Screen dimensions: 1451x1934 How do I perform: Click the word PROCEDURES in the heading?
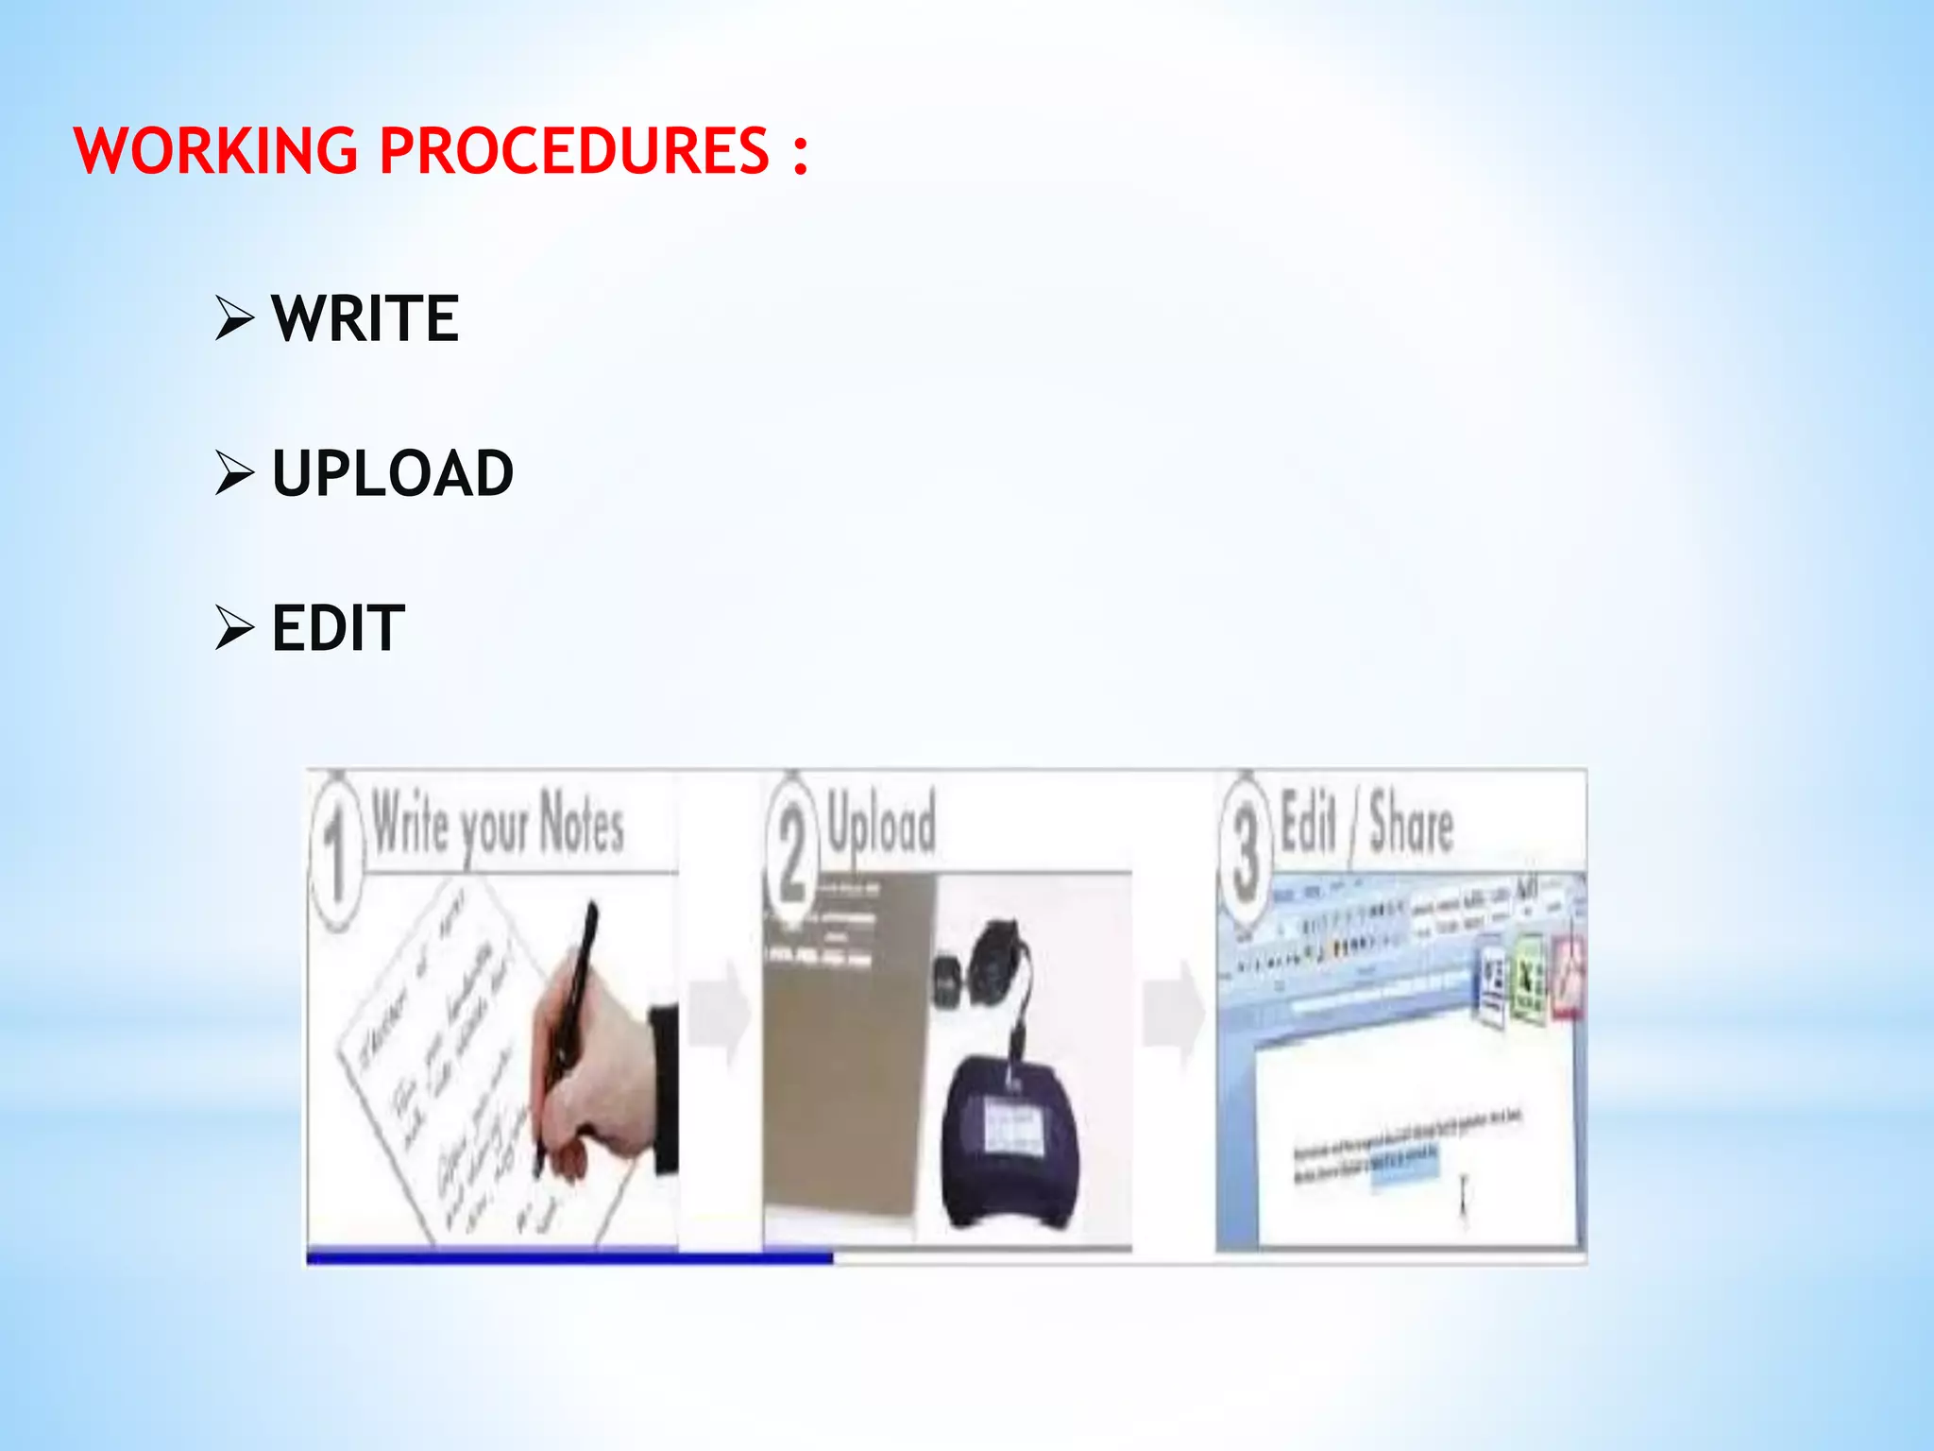574,151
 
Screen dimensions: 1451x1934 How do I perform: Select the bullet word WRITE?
365,318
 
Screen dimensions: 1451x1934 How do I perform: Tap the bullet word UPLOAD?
393,473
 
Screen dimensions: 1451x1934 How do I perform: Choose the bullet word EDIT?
338,628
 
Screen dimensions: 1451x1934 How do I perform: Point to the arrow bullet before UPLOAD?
234,472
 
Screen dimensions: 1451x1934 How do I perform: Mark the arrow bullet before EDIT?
234,627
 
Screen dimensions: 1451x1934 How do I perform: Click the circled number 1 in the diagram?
336,850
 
